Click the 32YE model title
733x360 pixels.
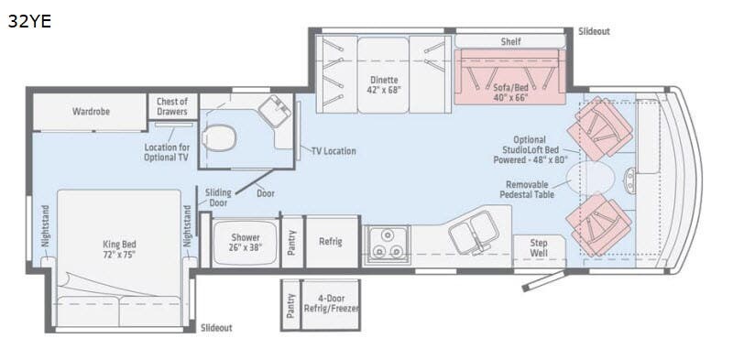pos(29,21)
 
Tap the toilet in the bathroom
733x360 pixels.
pos(218,138)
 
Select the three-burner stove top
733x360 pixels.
pos(387,245)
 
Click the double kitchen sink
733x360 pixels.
pos(474,232)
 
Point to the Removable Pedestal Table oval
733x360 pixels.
pos(591,177)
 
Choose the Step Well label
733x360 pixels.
pos(539,248)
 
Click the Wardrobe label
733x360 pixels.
pos(91,112)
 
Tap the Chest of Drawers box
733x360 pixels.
pos(172,106)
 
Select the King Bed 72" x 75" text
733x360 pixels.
pos(119,249)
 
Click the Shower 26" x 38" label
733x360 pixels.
pos(246,243)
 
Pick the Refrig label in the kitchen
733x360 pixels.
pos(331,242)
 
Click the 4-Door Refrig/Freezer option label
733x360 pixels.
pos(331,303)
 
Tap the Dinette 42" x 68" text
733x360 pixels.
pos(384,84)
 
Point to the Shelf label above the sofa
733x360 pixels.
pos(510,41)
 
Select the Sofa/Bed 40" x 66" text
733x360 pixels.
pos(510,93)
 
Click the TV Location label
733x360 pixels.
pos(334,151)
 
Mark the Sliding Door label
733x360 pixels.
pos(218,197)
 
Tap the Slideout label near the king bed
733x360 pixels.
pos(216,328)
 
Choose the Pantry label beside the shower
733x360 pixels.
pos(291,243)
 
